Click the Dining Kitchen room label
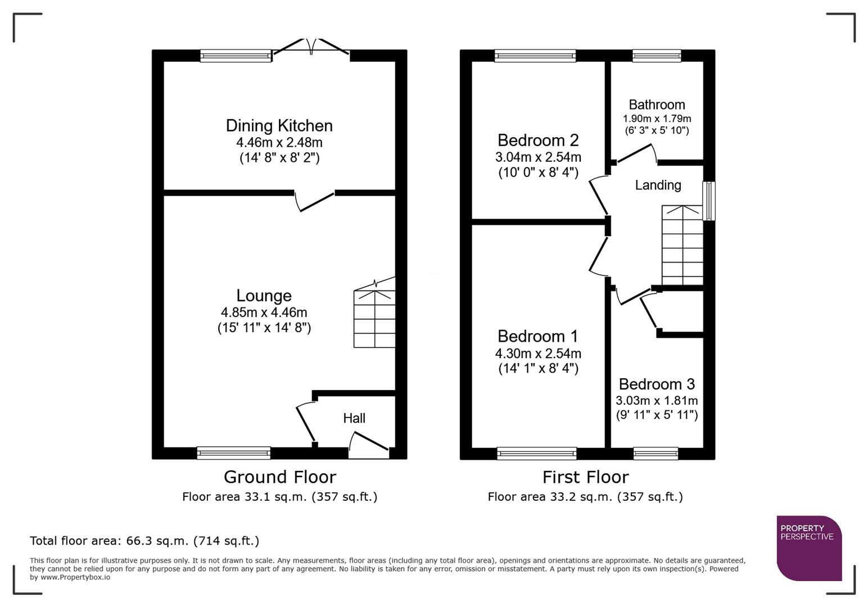[x=279, y=125]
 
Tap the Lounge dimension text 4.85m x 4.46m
[x=264, y=312]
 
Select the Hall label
[x=354, y=418]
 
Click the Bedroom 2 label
[x=538, y=140]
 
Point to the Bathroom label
[x=657, y=105]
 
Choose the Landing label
[x=658, y=185]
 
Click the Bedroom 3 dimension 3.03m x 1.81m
[x=657, y=401]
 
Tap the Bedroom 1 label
[x=537, y=336]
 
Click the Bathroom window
[x=657, y=55]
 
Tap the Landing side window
[x=709, y=201]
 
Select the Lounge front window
[x=233, y=453]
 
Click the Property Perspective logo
[x=808, y=547]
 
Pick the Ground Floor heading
[x=279, y=477]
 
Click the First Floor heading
[x=585, y=477]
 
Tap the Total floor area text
[x=144, y=541]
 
